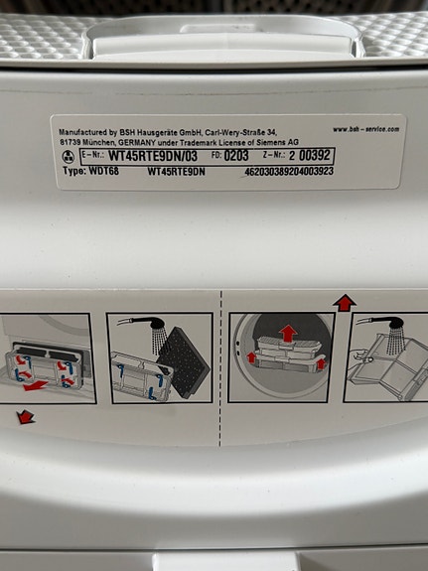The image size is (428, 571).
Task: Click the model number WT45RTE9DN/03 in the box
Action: tap(153, 156)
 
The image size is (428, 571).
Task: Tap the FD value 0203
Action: tap(236, 156)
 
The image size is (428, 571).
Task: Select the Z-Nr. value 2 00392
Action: tap(310, 156)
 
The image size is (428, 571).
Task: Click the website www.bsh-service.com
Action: tap(366, 129)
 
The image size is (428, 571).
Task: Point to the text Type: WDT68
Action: tap(90, 171)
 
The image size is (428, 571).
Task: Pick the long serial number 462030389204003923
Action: tap(289, 171)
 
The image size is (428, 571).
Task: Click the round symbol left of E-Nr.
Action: tap(69, 156)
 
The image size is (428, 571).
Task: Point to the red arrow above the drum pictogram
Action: tap(345, 303)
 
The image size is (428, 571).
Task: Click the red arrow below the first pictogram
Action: tap(26, 417)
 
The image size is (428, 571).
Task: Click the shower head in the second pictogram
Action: tap(155, 323)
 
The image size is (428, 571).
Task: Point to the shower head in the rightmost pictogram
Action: tap(396, 323)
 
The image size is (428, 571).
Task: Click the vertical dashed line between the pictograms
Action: tap(220, 368)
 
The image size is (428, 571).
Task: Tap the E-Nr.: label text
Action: tap(92, 154)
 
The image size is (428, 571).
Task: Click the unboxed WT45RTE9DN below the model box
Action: tap(177, 172)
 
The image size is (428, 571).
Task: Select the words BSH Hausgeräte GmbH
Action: tap(156, 132)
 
